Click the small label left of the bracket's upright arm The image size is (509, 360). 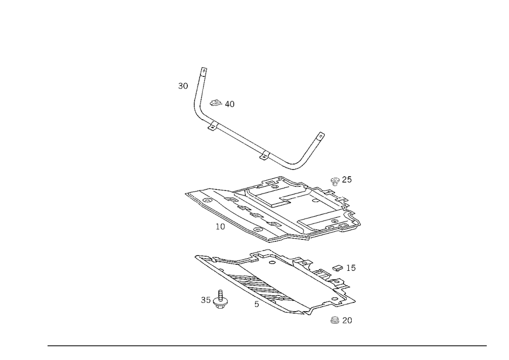[182, 85]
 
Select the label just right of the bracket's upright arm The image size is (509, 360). [221, 104]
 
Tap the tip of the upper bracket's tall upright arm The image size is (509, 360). [204, 69]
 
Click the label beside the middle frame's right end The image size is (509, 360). [341, 179]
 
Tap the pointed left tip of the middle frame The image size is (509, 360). [186, 194]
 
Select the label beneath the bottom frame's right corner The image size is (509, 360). [341, 320]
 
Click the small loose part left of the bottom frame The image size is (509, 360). [216, 300]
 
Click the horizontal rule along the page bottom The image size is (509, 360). [267, 345]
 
